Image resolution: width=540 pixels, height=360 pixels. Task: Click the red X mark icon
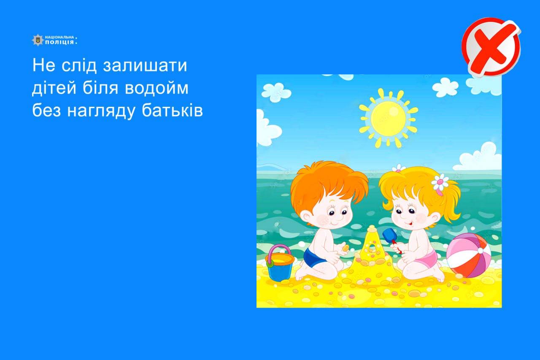click(x=491, y=47)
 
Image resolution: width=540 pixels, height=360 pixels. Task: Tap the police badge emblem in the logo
click(x=38, y=40)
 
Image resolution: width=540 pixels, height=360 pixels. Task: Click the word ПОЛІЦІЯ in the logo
click(x=59, y=42)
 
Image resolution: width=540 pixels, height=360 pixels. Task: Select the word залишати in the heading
click(x=145, y=65)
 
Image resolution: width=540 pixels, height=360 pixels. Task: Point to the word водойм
click(x=157, y=88)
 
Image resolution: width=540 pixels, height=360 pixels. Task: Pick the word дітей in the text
click(x=54, y=88)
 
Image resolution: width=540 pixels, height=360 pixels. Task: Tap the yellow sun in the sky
click(x=389, y=118)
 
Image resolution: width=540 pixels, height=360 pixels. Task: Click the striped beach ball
click(x=468, y=255)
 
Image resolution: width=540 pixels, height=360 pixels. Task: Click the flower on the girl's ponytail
click(x=440, y=182)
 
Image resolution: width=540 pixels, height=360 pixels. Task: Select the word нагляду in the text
click(x=101, y=111)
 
